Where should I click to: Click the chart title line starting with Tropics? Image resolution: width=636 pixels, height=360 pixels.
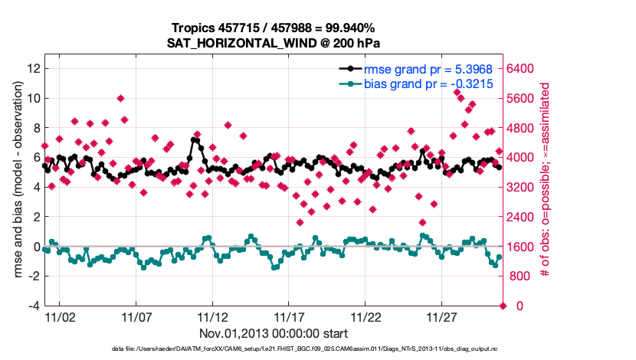click(274, 28)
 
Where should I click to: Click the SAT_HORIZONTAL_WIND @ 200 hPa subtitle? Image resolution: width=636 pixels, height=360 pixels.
click(274, 43)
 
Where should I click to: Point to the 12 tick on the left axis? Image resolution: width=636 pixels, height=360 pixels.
click(32, 68)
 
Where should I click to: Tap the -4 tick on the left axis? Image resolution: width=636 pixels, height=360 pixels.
click(34, 306)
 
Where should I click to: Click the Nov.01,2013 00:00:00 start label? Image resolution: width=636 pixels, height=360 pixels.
click(274, 333)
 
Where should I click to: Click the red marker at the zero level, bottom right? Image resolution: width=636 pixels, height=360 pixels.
click(503, 306)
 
